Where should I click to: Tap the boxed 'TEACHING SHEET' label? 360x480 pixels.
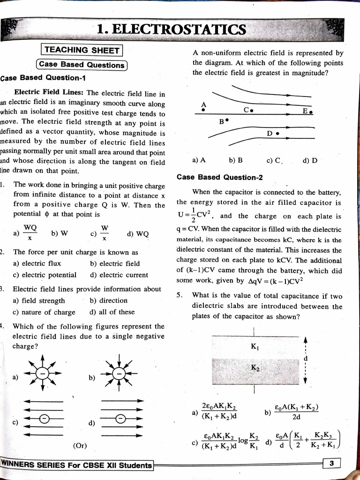coord(82,50)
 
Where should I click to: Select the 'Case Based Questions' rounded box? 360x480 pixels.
coord(81,65)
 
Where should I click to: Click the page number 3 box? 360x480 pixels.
coord(331,465)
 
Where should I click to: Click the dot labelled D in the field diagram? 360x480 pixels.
coord(278,134)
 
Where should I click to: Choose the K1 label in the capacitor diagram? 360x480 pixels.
coord(255,347)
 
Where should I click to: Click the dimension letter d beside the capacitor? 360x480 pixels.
coord(306,359)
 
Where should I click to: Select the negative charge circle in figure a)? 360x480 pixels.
coord(43,374)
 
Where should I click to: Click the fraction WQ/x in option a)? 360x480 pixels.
coord(30,232)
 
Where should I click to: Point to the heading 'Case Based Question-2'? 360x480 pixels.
coord(220,177)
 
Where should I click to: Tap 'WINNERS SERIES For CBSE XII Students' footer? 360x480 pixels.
coord(77,465)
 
